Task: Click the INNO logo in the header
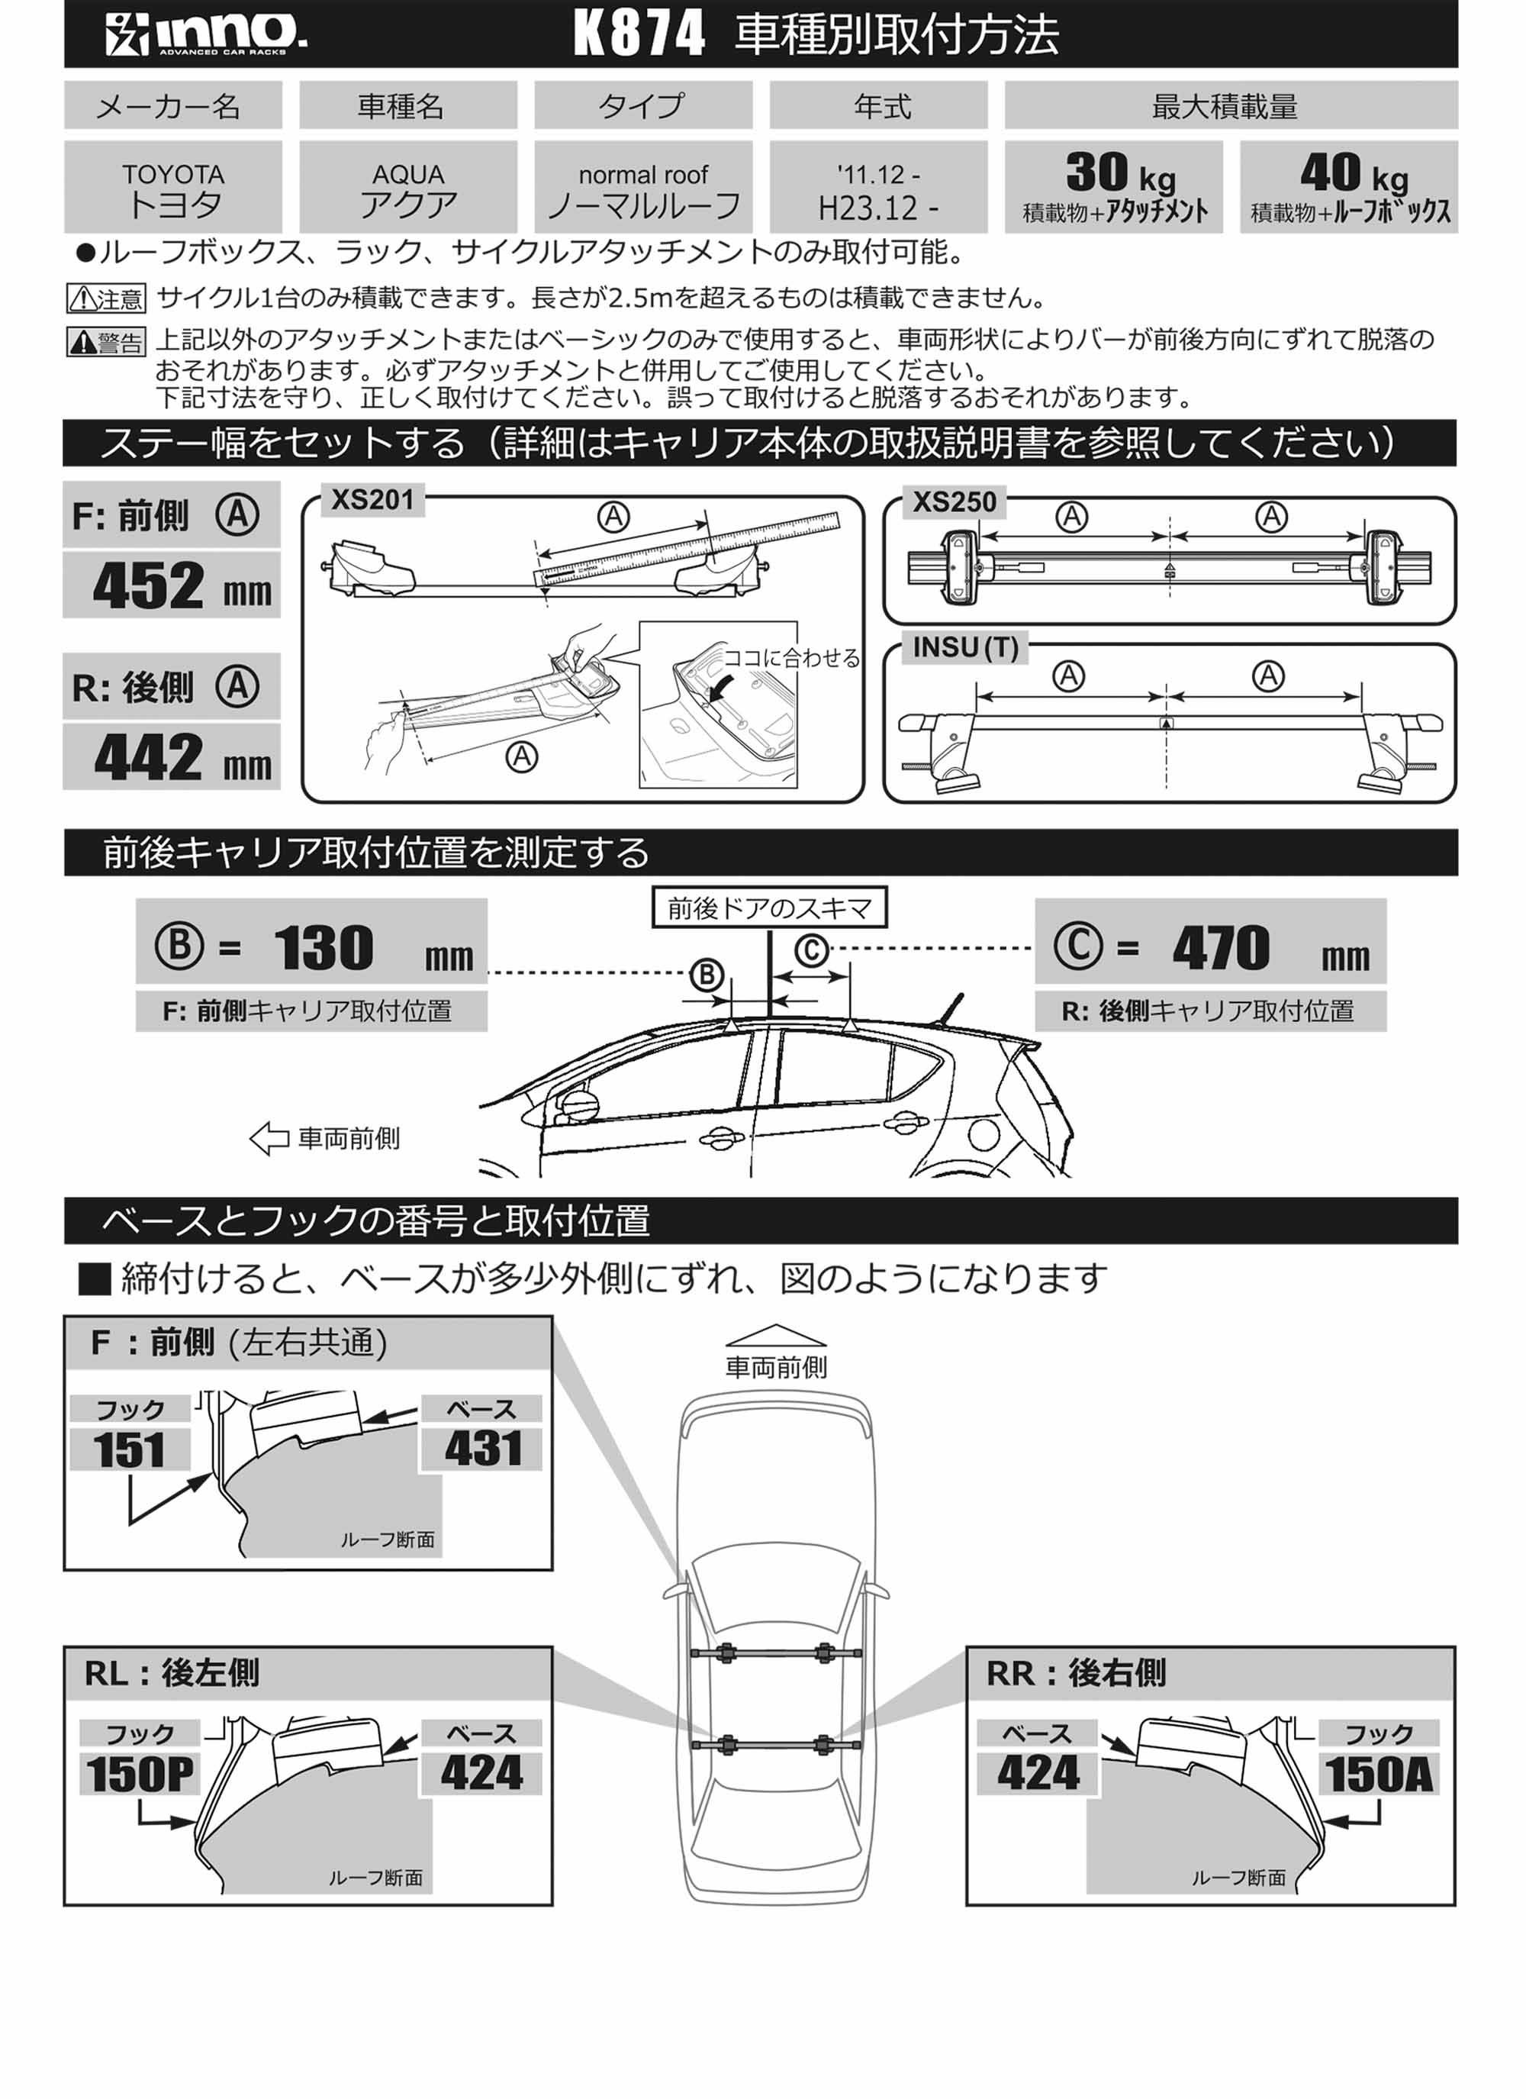point(205,34)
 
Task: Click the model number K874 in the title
point(639,34)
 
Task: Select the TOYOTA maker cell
point(173,188)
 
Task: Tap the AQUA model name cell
point(408,188)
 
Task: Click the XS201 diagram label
point(373,501)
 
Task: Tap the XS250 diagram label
point(954,502)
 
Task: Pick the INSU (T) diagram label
point(965,648)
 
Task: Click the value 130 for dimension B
point(323,948)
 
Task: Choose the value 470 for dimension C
point(1221,948)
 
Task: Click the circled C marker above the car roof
point(812,950)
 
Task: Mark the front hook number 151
point(130,1450)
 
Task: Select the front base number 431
point(482,1449)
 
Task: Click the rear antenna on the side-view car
point(948,1010)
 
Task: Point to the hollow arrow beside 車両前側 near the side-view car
point(269,1138)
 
